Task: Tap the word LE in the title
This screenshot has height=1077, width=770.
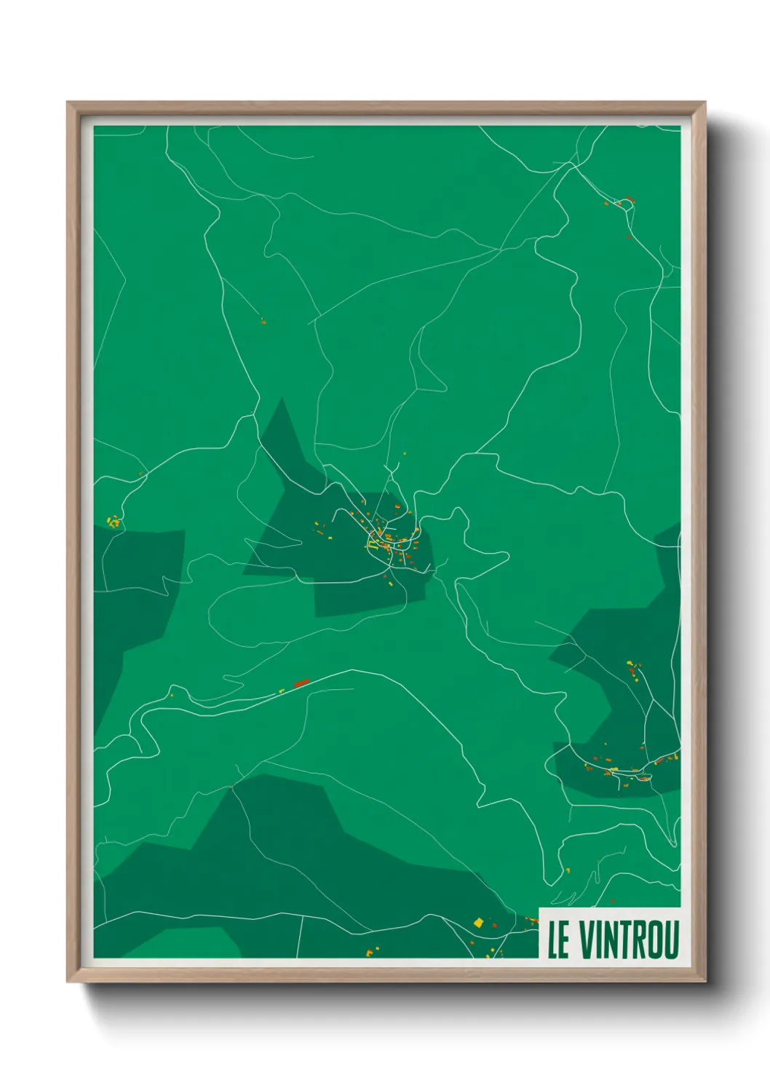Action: tap(558, 939)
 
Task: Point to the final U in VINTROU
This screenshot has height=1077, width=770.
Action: tap(670, 939)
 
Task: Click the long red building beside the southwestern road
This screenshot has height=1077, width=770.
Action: tap(301, 683)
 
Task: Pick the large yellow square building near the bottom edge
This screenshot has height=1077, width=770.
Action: tap(478, 923)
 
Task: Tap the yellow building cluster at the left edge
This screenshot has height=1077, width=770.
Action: tap(113, 521)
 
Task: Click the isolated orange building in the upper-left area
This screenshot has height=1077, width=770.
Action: tap(263, 321)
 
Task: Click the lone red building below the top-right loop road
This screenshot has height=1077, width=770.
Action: tap(628, 237)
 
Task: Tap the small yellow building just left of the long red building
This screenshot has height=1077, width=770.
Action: tap(282, 691)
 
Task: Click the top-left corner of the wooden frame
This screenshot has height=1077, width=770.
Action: tap(68, 103)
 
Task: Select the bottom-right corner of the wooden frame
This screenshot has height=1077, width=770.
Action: tap(704, 981)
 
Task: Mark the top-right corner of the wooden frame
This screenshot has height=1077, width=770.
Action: tap(704, 103)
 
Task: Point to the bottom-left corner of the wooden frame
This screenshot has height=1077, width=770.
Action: tap(68, 981)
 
